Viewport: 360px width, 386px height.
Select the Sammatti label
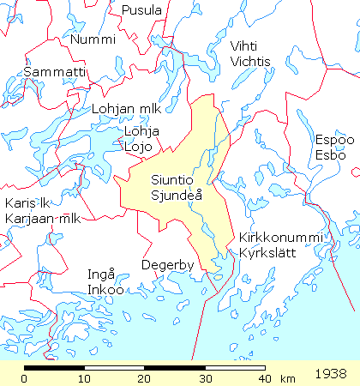click(55, 72)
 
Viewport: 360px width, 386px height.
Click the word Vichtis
click(251, 62)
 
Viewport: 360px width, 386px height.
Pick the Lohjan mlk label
click(126, 110)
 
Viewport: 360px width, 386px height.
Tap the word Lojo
click(138, 146)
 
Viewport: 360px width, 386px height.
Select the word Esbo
click(330, 155)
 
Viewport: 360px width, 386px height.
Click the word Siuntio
click(171, 181)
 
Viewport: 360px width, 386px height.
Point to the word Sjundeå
click(177, 196)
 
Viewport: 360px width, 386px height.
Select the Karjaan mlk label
click(42, 219)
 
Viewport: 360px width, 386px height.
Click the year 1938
click(332, 374)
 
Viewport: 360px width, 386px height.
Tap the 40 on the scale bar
click(264, 379)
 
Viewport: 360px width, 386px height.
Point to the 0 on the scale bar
click(24, 379)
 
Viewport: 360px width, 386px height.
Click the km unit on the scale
click(288, 379)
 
